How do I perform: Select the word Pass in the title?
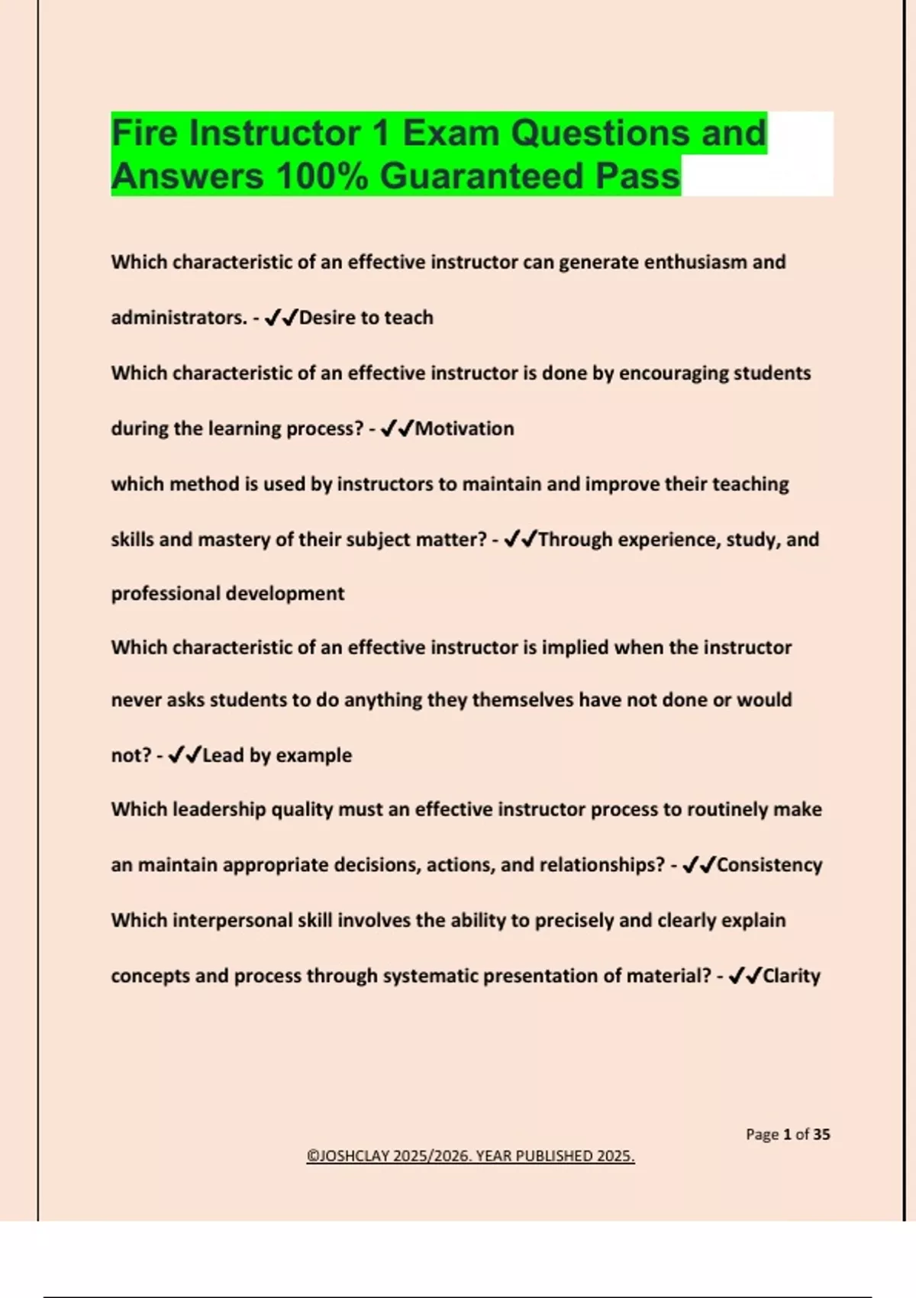click(x=637, y=176)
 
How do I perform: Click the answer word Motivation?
click(x=464, y=428)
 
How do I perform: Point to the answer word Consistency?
click(x=769, y=865)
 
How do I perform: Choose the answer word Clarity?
click(x=792, y=976)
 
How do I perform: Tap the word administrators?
click(x=179, y=318)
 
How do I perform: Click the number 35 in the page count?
click(x=821, y=1135)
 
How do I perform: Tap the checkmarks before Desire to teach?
click(x=281, y=318)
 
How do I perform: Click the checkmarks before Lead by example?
click(x=185, y=755)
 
